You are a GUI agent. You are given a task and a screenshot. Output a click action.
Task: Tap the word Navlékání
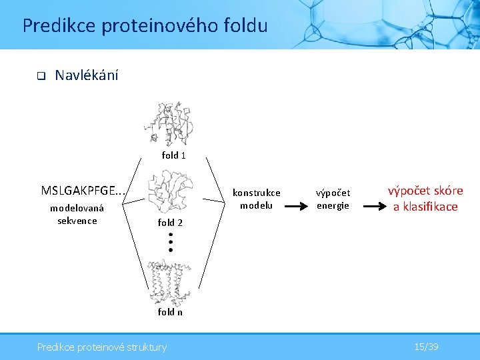(87, 75)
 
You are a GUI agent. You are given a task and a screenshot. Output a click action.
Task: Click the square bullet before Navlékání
(39, 76)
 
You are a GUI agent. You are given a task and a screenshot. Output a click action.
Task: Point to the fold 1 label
(173, 155)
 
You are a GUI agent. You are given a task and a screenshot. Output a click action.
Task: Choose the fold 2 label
(170, 223)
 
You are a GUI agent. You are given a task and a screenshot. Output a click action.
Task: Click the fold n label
(170, 312)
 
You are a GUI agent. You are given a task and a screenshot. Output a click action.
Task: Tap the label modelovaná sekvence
(77, 215)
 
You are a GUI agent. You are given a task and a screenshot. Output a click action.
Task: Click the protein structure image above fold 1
(171, 124)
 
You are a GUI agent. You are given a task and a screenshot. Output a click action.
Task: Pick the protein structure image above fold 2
(171, 192)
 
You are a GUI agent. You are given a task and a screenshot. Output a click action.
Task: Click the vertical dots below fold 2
(171, 242)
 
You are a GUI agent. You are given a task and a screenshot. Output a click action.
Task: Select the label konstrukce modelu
(256, 199)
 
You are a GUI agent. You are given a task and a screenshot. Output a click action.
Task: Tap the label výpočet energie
(333, 199)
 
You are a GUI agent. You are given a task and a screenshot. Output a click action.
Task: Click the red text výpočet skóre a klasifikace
(425, 199)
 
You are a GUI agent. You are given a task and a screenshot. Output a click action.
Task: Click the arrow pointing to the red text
(372, 206)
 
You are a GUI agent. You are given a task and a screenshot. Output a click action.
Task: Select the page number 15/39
(426, 347)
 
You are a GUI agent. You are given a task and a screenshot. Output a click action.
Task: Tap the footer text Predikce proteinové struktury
(102, 347)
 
